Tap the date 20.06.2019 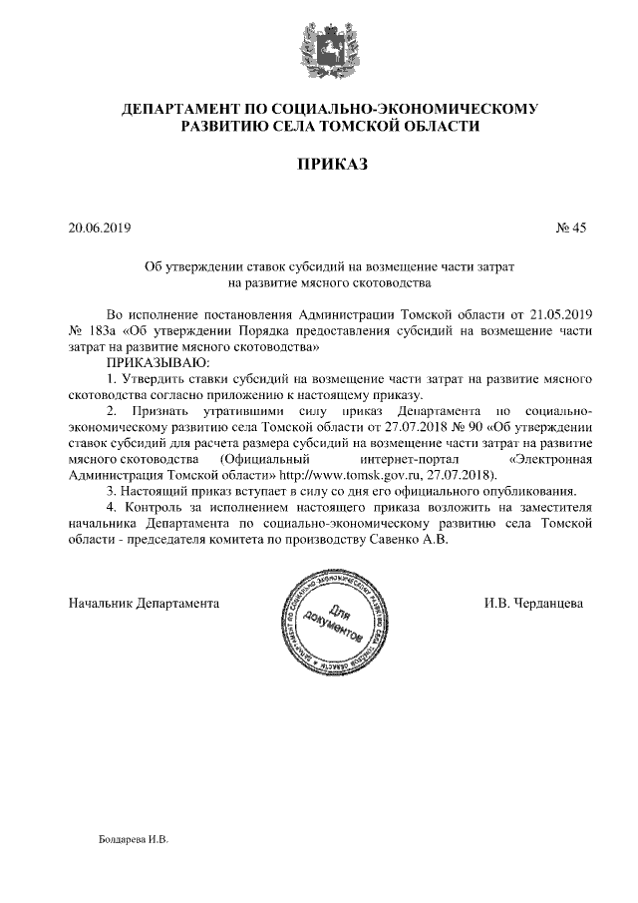click(100, 227)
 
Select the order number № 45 click(571, 227)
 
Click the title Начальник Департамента click(144, 603)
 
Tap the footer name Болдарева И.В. click(134, 839)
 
